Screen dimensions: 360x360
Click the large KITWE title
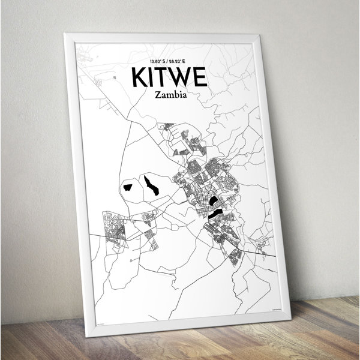coord(169,78)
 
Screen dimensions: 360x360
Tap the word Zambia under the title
coord(169,95)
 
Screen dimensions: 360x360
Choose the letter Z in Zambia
coord(157,95)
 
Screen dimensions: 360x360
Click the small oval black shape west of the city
coord(128,187)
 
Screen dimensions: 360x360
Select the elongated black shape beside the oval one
coord(151,186)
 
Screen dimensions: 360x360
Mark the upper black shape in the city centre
coord(214,200)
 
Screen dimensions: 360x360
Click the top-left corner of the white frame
coord(66,35)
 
